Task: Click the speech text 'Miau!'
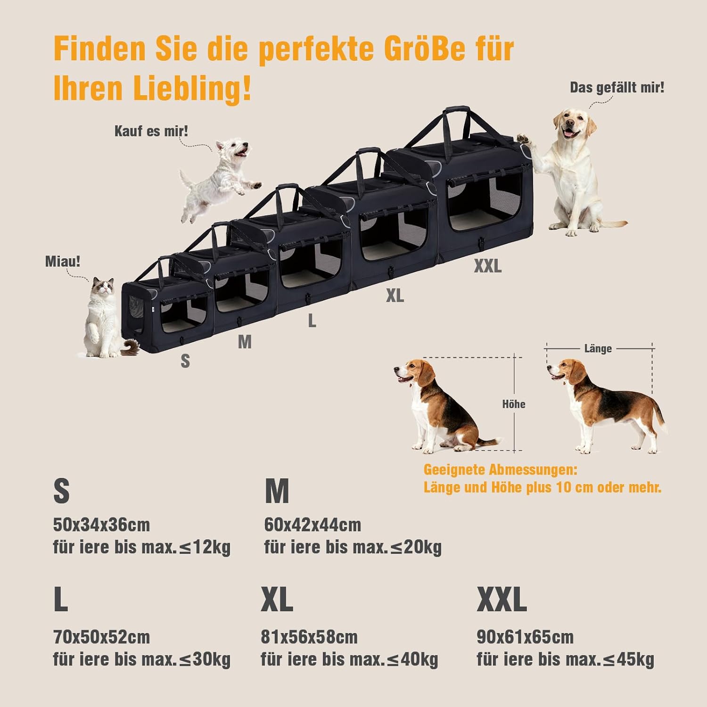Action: pyautogui.click(x=63, y=261)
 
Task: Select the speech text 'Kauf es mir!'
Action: pyautogui.click(x=151, y=131)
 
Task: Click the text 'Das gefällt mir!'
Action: pyautogui.click(x=617, y=88)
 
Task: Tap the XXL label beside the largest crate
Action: pyautogui.click(x=488, y=266)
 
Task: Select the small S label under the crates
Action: pyautogui.click(x=185, y=361)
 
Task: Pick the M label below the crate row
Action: pyautogui.click(x=245, y=342)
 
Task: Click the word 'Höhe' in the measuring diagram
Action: pyautogui.click(x=513, y=404)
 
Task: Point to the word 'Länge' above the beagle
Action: pyautogui.click(x=598, y=349)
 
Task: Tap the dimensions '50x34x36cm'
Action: pyautogui.click(x=101, y=525)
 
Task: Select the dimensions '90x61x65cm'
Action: pyautogui.click(x=525, y=637)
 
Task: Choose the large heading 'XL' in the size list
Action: pyautogui.click(x=277, y=600)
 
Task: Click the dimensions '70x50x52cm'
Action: pyautogui.click(x=101, y=637)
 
